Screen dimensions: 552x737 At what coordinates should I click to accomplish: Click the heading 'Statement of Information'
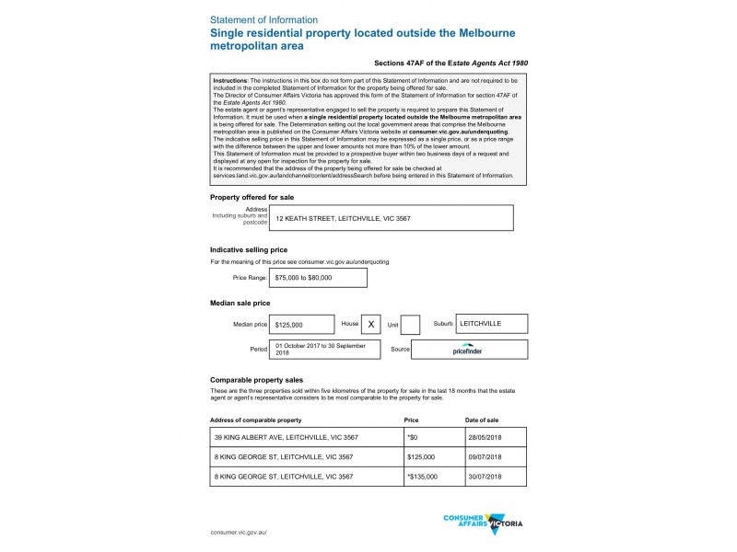pos(264,19)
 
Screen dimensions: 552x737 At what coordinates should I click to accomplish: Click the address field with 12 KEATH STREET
pos(391,218)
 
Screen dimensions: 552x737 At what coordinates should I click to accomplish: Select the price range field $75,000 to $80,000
pos(318,277)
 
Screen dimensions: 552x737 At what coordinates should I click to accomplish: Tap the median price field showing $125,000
pos(301,325)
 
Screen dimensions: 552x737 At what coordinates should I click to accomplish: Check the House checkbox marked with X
pos(370,325)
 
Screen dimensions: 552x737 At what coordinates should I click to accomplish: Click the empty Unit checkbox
pos(411,325)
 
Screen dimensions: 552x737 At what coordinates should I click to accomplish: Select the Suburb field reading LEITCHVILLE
pos(492,324)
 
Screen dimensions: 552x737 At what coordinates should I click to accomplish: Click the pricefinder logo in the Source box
pos(468,351)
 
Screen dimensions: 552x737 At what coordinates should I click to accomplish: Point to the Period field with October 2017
pos(324,350)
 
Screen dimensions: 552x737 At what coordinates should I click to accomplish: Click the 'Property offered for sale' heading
pos(252,197)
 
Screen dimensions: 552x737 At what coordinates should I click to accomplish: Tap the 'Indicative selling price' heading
pos(249,249)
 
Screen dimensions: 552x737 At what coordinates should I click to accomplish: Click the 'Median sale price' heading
pos(240,303)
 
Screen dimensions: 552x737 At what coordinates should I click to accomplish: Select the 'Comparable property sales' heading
pos(257,379)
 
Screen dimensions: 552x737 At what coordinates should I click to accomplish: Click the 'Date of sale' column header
pos(482,420)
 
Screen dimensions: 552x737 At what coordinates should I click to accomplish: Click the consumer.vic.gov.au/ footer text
pos(238,533)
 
